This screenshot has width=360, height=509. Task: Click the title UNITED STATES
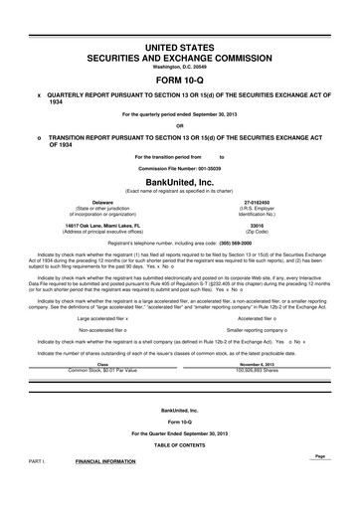tap(180, 48)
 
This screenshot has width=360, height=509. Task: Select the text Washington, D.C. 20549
tap(180, 67)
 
